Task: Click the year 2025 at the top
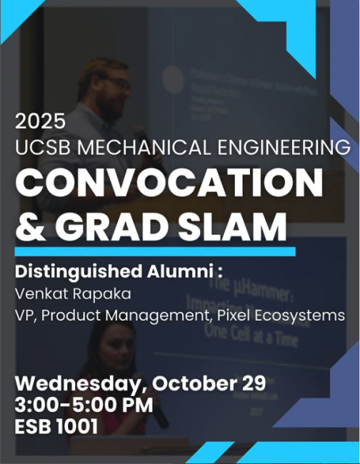(x=40, y=121)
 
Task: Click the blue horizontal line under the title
(x=154, y=252)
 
